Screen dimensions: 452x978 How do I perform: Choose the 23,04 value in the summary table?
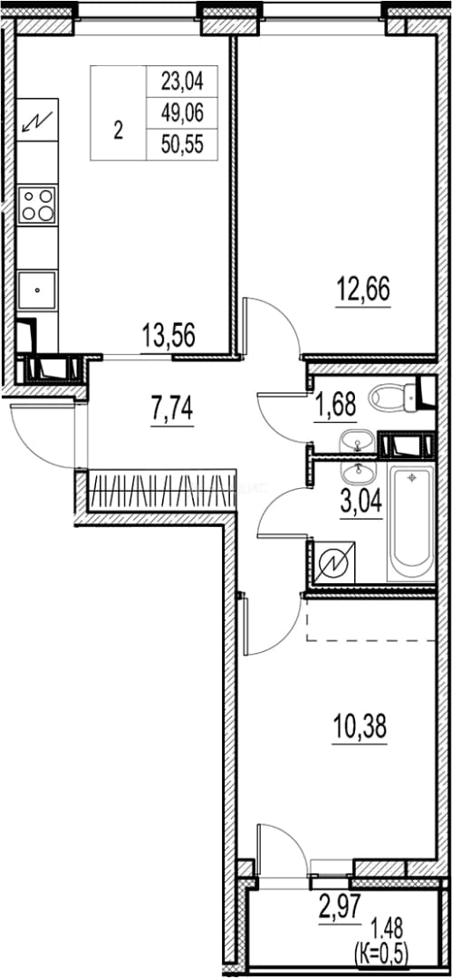click(x=182, y=81)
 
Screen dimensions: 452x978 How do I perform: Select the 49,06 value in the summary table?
click(x=182, y=113)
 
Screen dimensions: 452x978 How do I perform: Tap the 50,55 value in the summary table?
click(x=182, y=145)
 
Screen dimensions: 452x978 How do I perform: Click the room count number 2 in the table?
click(x=119, y=131)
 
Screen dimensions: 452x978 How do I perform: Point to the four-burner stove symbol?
click(x=37, y=205)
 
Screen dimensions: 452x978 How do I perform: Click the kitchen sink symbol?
click(x=37, y=290)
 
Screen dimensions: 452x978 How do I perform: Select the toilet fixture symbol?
click(x=397, y=395)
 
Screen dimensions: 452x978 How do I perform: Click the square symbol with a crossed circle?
click(x=334, y=564)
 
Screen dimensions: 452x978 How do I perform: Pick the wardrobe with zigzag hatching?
click(x=160, y=492)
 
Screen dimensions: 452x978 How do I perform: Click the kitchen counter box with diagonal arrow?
click(x=37, y=120)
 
